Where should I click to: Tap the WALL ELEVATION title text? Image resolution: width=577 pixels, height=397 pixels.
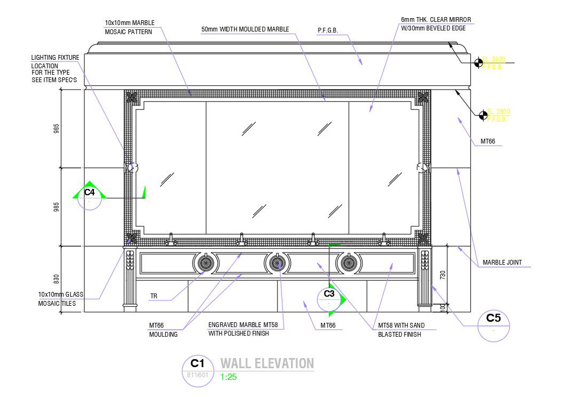coord(267,364)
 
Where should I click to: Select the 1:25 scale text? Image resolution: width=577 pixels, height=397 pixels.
coord(228,377)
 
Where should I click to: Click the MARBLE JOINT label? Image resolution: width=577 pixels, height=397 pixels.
coord(502,263)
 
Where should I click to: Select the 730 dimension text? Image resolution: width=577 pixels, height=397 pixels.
coord(442,275)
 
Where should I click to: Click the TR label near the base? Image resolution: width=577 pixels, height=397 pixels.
coord(154,296)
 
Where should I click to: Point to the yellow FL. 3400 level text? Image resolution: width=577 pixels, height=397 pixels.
coord(494,59)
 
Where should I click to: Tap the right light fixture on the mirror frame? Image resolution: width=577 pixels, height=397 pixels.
coord(422,168)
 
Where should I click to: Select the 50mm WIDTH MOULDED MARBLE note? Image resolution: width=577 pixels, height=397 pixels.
coord(245,29)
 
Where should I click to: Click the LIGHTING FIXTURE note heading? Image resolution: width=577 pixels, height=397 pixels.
coord(55,58)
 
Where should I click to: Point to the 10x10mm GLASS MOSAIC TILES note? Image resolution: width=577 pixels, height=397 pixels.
coord(57,299)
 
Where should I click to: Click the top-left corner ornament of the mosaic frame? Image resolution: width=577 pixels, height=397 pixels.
coord(131,97)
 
